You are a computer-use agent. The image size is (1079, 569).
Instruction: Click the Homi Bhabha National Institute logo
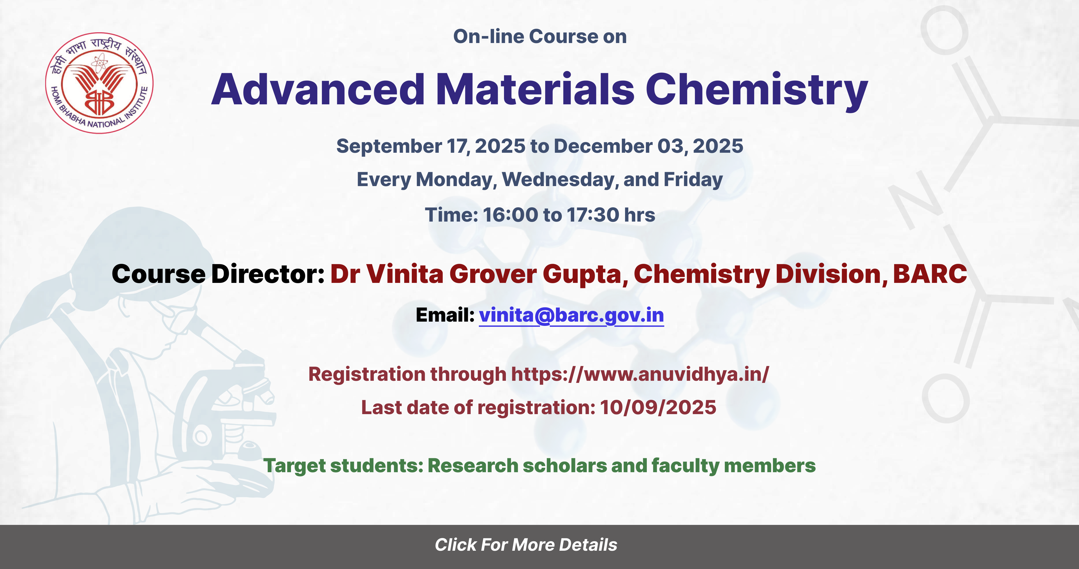click(99, 83)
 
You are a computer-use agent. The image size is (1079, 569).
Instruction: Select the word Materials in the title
click(535, 89)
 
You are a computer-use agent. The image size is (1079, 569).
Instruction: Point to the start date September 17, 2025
click(431, 146)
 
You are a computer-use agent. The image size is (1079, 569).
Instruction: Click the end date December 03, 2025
click(648, 146)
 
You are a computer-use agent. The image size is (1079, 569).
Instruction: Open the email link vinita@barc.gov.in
click(571, 315)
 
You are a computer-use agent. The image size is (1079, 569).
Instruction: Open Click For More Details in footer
click(526, 545)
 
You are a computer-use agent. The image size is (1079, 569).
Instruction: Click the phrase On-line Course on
click(540, 36)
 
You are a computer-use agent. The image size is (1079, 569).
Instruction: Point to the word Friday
click(693, 180)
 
